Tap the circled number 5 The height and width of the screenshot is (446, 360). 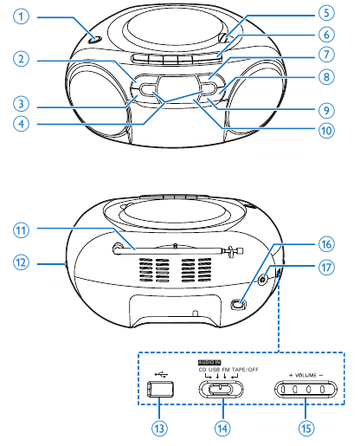pos(325,14)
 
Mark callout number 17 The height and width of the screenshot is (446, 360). pos(325,268)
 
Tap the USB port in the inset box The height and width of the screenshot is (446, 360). pos(160,389)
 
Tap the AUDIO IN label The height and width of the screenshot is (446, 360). pos(210,361)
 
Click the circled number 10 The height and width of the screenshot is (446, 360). pos(325,132)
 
